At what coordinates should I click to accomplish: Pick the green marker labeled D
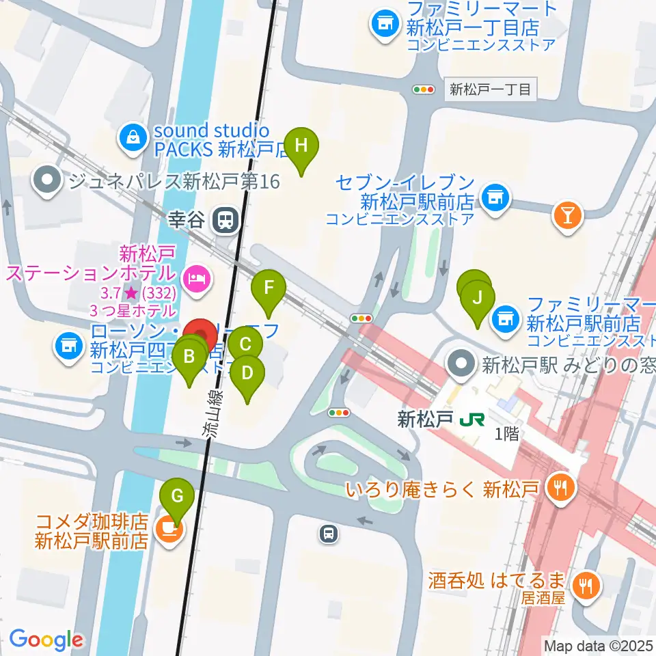point(247,372)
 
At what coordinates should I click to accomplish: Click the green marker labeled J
point(478,298)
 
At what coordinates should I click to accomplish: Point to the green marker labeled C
point(245,344)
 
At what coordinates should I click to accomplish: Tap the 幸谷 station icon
point(225,220)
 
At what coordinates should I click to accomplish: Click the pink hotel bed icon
point(196,278)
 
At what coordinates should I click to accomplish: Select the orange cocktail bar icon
point(567,215)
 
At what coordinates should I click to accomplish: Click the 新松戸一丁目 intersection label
point(491,89)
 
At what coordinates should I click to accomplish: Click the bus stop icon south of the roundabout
point(329,534)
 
